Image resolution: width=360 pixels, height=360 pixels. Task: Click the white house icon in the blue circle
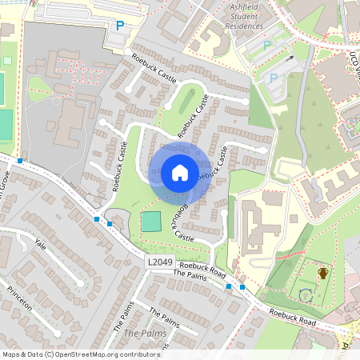pyautogui.click(x=180, y=173)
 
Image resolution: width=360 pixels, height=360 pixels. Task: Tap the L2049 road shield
pyautogui.click(x=158, y=262)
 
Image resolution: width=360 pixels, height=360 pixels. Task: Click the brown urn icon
pyautogui.click(x=323, y=273)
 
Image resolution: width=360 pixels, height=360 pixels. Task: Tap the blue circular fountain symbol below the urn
pyautogui.click(x=305, y=295)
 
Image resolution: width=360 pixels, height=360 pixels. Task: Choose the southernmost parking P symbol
pyautogui.click(x=273, y=78)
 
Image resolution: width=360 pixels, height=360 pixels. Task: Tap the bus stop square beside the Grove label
pyautogui.click(x=19, y=161)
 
